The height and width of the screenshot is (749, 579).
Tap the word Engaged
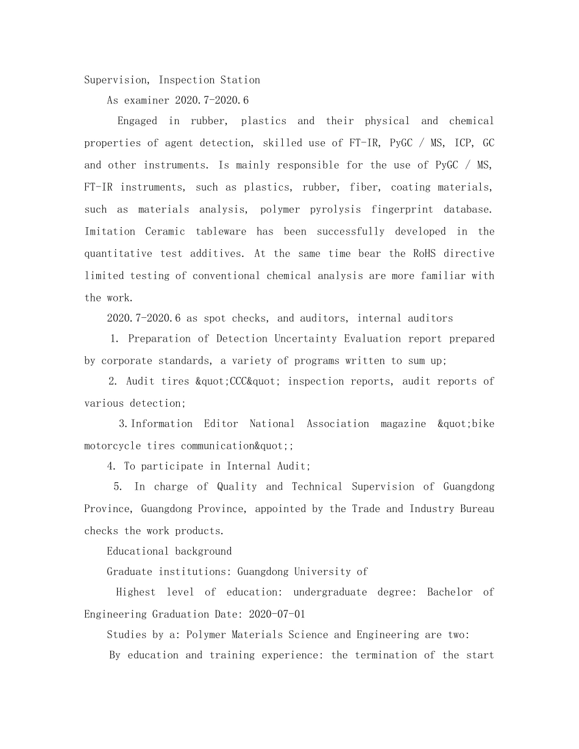pyautogui.click(x=137, y=121)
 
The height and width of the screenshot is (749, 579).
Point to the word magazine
pyautogui.click(x=403, y=424)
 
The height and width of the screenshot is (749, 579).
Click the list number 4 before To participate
pyautogui.click(x=111, y=466)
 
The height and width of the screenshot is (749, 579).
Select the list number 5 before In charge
pyautogui.click(x=118, y=487)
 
